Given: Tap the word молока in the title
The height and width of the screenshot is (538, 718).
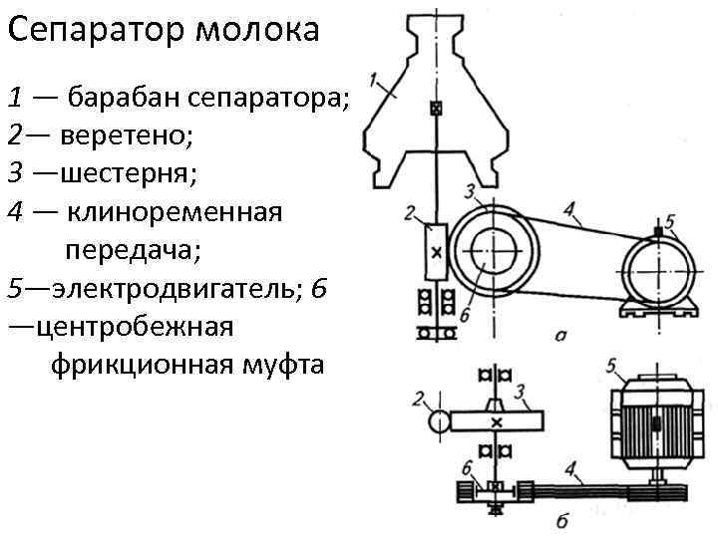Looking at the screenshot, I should [257, 31].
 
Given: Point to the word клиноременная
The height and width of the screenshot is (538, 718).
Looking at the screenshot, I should [175, 212].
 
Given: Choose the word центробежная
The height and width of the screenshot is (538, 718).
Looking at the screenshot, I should [133, 328].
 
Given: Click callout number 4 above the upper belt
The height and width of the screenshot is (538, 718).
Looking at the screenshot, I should [567, 210].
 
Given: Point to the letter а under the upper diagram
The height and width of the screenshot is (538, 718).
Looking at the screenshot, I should [560, 336].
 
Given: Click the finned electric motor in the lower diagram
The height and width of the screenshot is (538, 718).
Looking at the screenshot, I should [652, 423].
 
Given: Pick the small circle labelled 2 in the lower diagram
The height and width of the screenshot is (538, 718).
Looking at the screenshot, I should [438, 421].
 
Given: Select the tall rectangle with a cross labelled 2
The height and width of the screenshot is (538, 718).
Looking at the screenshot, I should [434, 253].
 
